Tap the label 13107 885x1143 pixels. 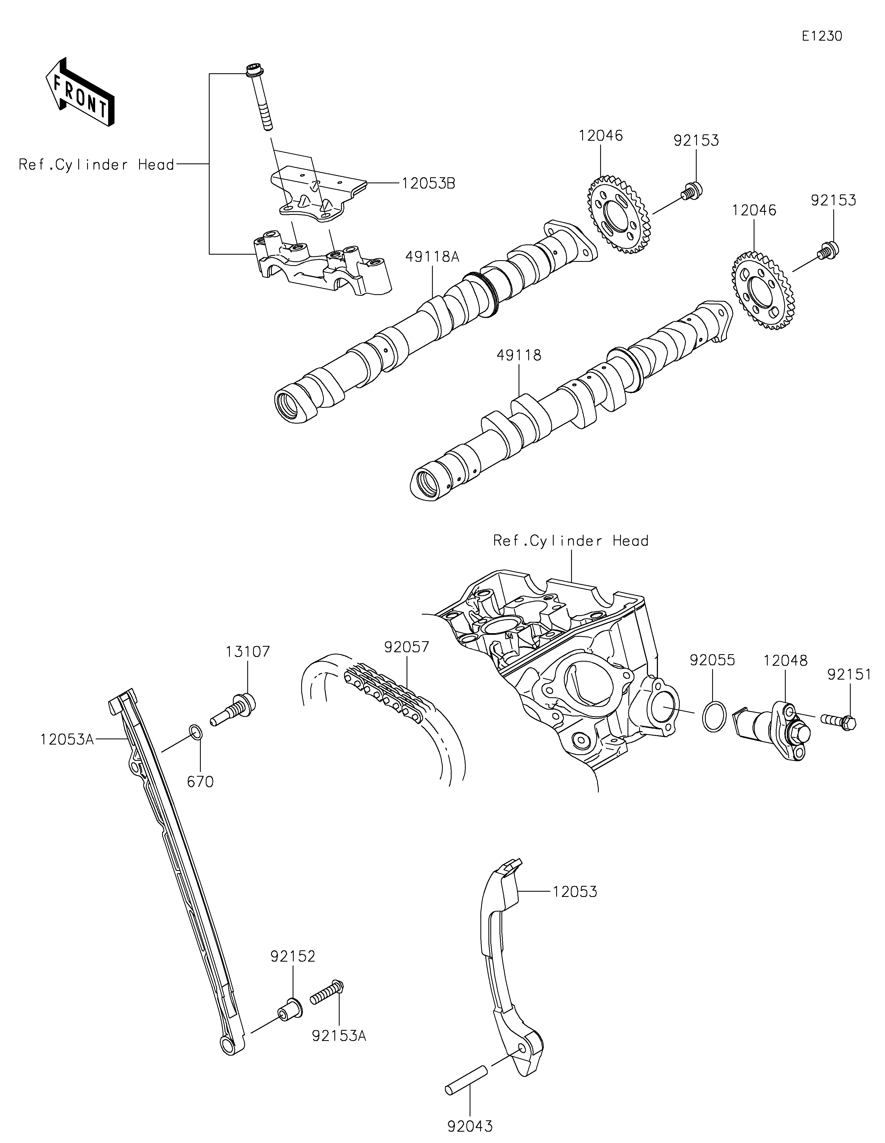pos(248,652)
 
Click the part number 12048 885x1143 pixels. pos(785,661)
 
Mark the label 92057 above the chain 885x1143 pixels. pos(407,647)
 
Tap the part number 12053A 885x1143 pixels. pos(67,740)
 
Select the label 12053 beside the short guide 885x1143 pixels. pos(575,892)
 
